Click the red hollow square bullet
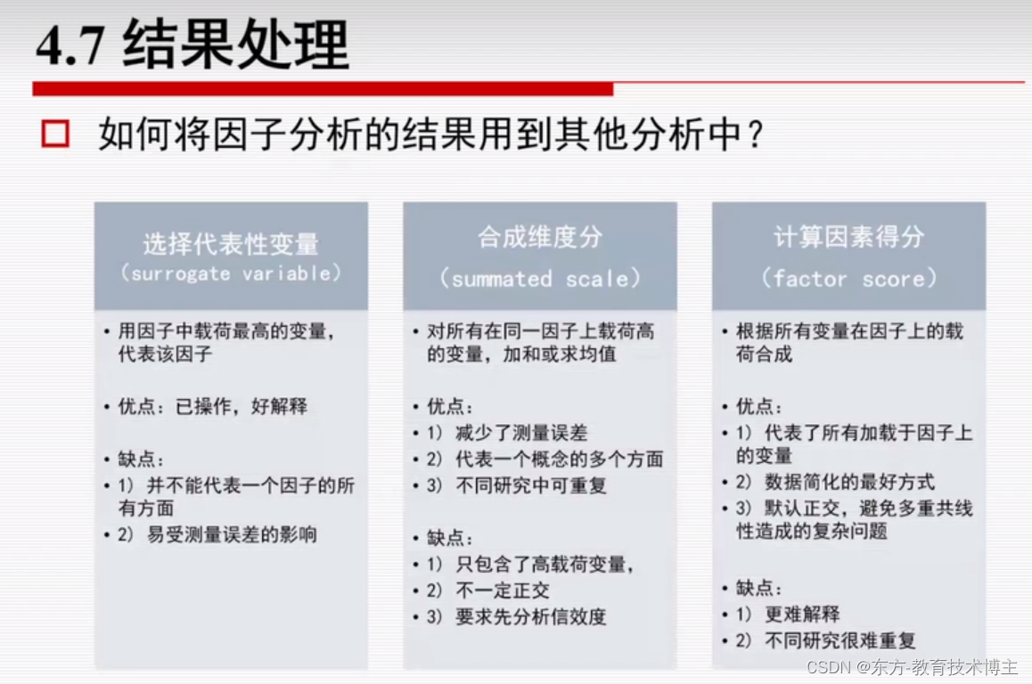pyautogui.click(x=55, y=134)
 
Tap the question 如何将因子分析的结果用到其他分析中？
pyautogui.click(x=431, y=135)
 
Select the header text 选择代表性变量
pyautogui.click(x=231, y=243)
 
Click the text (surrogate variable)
pyautogui.click(x=231, y=273)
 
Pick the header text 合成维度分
pyautogui.click(x=540, y=237)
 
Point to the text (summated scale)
pyautogui.click(x=540, y=279)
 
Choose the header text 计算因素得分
pyautogui.click(x=848, y=237)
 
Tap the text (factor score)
pyautogui.click(x=848, y=279)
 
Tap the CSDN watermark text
pyautogui.click(x=913, y=667)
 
